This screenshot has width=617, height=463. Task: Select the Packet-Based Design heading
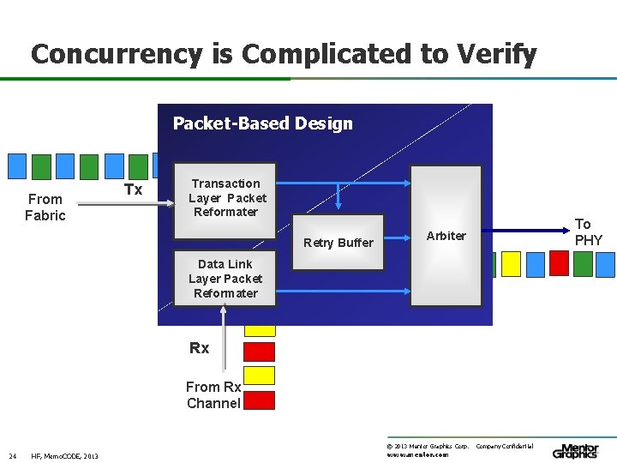coord(262,123)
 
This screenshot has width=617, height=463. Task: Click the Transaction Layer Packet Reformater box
coord(225,199)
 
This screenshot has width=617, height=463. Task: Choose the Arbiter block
coord(446,236)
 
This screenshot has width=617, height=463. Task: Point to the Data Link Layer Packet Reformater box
coord(225,279)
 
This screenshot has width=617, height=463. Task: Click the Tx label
coord(133,189)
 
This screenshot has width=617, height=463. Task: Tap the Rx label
coord(199,348)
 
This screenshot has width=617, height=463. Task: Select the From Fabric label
coord(45,207)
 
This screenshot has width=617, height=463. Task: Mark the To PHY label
coord(588,231)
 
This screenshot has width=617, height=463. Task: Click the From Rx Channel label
coord(213,395)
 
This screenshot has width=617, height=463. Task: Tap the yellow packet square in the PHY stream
coord(512,264)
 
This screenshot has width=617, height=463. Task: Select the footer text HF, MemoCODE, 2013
coord(65,455)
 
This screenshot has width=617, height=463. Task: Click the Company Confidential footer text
coord(504,447)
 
